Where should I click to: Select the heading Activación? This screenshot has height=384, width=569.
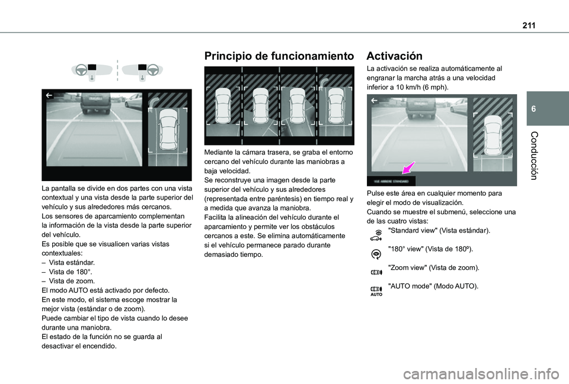(395, 56)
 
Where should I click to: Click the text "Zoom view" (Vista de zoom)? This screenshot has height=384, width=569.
(433, 267)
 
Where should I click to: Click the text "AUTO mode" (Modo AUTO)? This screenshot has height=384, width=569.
(433, 286)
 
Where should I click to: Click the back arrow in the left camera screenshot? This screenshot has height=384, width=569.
(48, 95)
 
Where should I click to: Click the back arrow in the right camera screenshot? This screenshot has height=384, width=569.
(373, 101)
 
